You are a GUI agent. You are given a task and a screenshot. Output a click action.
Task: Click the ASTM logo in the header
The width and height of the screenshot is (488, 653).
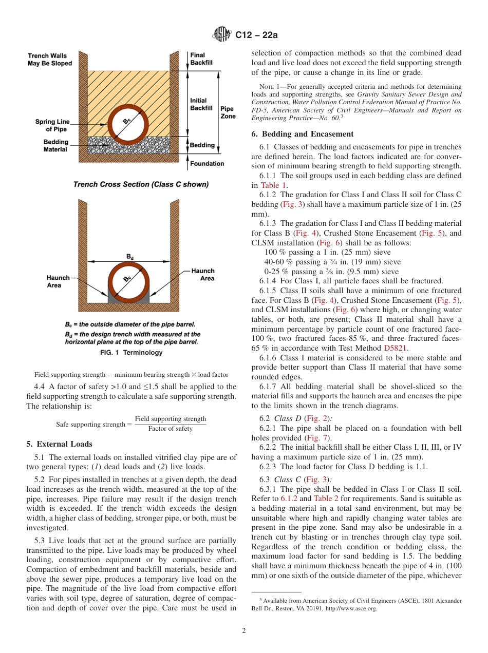(222, 35)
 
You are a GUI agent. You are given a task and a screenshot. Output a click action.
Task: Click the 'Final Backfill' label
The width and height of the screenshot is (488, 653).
(197, 59)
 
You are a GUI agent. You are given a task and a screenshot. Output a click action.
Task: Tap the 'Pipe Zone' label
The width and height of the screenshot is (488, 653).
(228, 112)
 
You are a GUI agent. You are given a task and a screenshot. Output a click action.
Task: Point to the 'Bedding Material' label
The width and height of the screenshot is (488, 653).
(55, 146)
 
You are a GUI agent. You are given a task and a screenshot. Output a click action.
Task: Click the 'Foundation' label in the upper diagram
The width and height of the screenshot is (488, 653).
(207, 164)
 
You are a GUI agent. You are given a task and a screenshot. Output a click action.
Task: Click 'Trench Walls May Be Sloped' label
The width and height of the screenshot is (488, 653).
(50, 60)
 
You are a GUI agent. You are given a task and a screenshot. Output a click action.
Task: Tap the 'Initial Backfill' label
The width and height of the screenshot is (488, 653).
(201, 105)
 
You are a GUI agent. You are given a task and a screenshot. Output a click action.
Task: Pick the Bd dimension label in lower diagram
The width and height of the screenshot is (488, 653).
(130, 256)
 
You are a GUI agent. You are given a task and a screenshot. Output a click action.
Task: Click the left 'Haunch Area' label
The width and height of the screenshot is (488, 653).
(58, 281)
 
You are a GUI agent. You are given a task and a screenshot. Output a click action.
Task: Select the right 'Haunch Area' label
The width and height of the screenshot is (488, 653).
(203, 275)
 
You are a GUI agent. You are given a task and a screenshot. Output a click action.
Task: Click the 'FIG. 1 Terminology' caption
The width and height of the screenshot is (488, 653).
(131, 353)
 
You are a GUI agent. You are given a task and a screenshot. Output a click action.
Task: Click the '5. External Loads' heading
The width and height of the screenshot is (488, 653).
(59, 444)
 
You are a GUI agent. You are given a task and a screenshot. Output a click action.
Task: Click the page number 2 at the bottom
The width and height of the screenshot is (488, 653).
(244, 631)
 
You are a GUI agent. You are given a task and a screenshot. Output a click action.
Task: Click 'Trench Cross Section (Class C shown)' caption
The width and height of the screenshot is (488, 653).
(141, 185)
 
